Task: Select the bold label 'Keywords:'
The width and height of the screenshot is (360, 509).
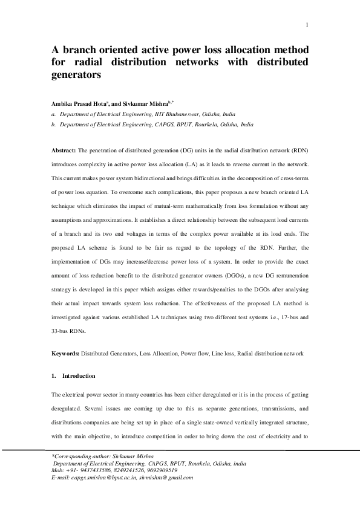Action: [66, 352]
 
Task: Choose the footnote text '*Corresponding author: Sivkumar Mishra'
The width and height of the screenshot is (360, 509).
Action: [102, 455]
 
